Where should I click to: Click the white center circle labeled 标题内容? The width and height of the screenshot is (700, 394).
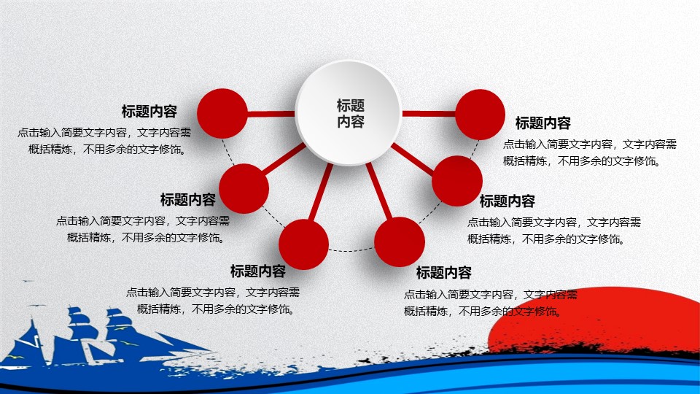tap(349, 113)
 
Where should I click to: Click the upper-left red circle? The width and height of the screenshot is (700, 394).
tap(222, 113)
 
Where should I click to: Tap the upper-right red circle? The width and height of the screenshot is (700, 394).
tap(480, 114)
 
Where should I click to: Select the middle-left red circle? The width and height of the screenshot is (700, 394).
tap(244, 188)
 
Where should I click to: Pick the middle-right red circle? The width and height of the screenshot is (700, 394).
tap(457, 181)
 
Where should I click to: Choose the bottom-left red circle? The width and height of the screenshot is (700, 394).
tap(303, 244)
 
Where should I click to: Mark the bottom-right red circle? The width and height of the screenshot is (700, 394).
tap(400, 242)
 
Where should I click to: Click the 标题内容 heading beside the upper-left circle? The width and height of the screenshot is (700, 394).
tap(149, 112)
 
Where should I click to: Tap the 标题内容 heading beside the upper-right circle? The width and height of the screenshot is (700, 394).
tap(543, 123)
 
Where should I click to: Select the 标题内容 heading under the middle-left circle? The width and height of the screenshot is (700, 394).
tap(188, 199)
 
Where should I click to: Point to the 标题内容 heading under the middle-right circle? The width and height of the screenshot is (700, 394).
tap(507, 201)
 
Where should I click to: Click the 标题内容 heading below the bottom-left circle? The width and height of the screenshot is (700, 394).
tap(258, 271)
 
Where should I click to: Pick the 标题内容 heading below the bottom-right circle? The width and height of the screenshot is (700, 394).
tap(444, 273)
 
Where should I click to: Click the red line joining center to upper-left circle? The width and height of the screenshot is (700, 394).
tap(271, 113)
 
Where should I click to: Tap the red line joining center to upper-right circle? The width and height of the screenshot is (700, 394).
tap(429, 113)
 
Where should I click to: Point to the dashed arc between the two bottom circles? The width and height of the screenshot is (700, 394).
tap(351, 251)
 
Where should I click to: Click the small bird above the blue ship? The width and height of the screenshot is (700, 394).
tap(27, 282)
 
